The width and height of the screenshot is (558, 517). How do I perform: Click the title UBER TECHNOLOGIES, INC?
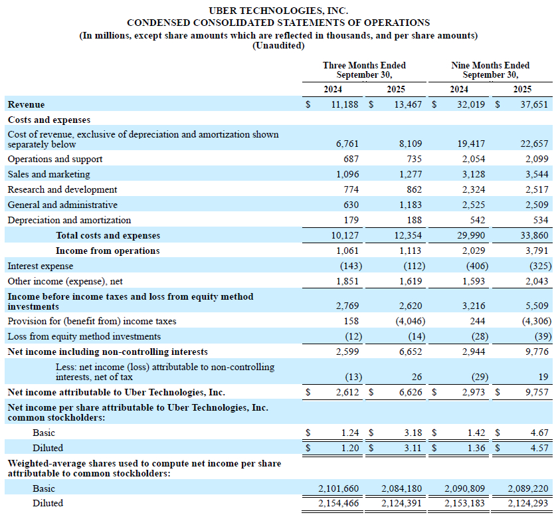coord(278,11)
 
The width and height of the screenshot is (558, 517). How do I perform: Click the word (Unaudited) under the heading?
coord(278,46)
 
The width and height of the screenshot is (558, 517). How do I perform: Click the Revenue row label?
coord(27,104)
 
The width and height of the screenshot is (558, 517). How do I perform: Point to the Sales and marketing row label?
coord(48,174)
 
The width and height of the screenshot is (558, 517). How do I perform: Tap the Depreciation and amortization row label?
coord(69,220)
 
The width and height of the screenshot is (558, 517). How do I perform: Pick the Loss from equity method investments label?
coord(84,336)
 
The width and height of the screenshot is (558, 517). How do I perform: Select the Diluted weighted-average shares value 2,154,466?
coord(339,503)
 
